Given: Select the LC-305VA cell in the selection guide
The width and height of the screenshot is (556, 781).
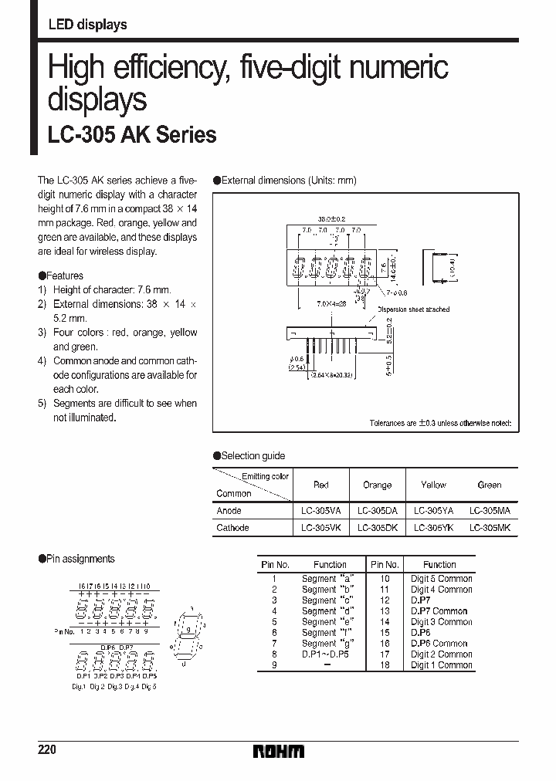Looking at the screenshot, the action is point(321,511).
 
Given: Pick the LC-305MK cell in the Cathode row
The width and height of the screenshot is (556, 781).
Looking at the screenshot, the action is point(490,528).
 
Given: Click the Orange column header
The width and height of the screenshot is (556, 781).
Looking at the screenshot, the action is point(377,485).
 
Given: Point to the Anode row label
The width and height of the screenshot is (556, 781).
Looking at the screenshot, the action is point(229,511).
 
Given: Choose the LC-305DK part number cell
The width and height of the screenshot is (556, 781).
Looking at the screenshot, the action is point(377,528).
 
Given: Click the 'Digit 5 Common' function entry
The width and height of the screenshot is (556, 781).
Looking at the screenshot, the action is point(441,579).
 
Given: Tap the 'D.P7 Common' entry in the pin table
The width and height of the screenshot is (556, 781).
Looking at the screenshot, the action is point(439,611).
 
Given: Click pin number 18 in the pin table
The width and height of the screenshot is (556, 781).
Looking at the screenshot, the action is point(385,665).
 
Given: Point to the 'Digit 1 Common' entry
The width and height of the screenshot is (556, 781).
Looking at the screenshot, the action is point(441,665).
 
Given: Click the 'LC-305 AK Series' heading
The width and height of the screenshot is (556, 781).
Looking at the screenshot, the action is point(132,136).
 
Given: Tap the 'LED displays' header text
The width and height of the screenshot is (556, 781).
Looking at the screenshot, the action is point(87,25).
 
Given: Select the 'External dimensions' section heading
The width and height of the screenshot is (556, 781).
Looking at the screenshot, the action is point(289,181).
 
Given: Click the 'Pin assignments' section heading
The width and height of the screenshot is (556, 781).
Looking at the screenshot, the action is point(80,559).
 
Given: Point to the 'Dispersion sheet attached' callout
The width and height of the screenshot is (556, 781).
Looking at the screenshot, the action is point(413,309).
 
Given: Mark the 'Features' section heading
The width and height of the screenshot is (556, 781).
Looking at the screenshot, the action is point(65,276).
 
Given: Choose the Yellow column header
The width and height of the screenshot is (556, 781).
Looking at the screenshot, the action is point(434,485).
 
